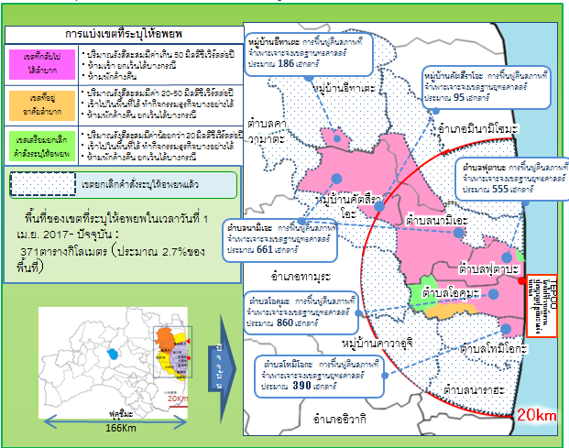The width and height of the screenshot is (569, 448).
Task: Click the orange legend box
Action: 39,101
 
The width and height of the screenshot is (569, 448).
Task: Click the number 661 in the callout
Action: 265,249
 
